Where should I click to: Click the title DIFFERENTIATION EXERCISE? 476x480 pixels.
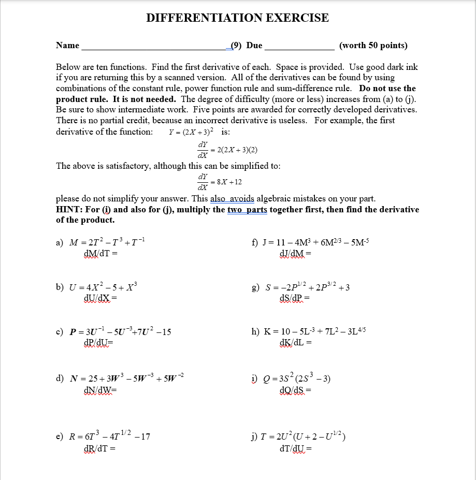point(237,18)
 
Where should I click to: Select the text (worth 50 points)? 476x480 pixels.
point(373,46)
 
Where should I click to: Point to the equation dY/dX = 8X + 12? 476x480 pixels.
point(220,181)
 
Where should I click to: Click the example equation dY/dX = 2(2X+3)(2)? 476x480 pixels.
point(227,150)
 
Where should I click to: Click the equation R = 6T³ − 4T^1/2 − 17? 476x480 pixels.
point(110,436)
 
